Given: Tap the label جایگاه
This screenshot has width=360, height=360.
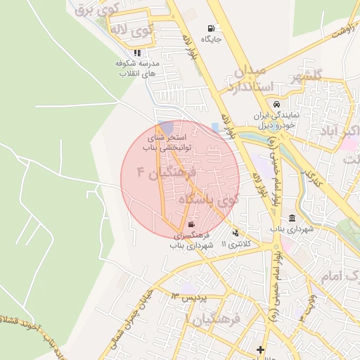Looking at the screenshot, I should tap(212, 39).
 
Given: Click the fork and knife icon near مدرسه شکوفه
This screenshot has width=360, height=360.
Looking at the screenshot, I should tap(137, 52).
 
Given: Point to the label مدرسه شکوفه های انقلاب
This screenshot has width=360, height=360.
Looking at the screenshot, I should tap(139, 68).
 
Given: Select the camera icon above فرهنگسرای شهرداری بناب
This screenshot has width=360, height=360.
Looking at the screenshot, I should tap(192, 224).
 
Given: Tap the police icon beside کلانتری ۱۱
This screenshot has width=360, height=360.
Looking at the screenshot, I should tap(235, 233).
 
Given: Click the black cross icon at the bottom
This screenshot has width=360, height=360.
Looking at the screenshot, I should tap(261, 349).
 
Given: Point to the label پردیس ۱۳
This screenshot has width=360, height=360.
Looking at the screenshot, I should tap(191, 298).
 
